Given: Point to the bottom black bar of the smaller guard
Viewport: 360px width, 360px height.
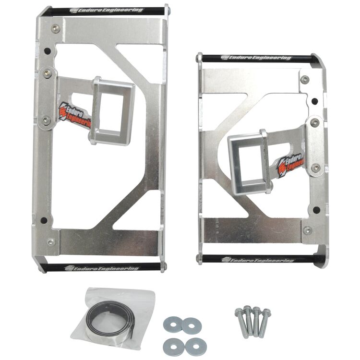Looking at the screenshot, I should (x=262, y=259).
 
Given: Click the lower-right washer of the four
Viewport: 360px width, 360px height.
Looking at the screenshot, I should (x=195, y=344).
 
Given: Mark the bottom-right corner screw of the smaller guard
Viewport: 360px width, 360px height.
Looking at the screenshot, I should (x=308, y=230).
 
